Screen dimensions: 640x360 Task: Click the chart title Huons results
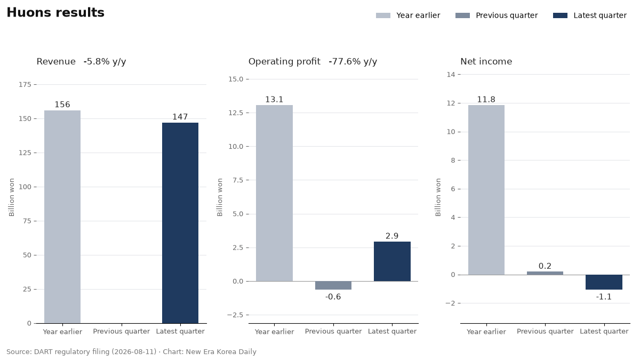55,13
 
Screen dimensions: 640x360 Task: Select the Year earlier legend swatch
383,15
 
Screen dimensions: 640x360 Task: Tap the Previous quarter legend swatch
462,15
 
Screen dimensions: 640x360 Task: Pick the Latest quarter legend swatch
560,15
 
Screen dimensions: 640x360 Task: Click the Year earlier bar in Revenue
62,217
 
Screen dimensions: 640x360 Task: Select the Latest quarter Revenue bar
180,223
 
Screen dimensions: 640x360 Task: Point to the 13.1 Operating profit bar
274,193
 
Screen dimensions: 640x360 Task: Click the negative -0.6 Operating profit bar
333,285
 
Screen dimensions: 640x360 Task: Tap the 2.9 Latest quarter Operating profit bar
392,261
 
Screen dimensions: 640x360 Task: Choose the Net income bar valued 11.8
486,190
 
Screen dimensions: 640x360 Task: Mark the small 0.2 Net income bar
545,273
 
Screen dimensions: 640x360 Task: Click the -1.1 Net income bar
604,282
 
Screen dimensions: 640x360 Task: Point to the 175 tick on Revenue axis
25,85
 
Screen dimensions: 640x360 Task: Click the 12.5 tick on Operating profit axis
235,113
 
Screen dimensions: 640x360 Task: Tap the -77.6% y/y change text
353,61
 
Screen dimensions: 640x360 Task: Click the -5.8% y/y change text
105,61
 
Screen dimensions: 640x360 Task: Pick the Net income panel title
486,61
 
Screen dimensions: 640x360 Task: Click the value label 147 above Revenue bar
180,117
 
